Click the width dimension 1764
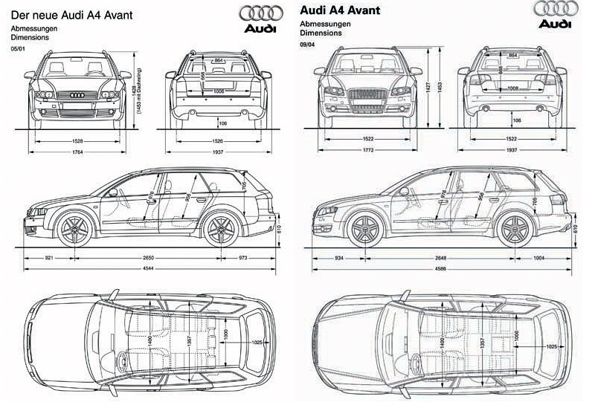click(x=77, y=152)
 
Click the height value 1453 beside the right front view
click(x=440, y=86)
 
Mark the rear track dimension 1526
click(x=218, y=140)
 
